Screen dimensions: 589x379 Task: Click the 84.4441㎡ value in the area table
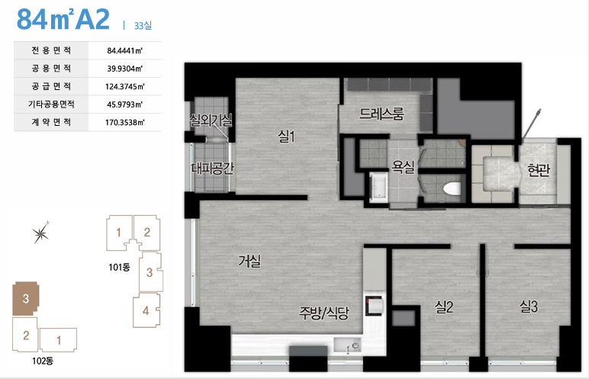click(124, 50)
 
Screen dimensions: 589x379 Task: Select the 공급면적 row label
click(51, 86)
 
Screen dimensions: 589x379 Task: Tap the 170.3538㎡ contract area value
click(124, 122)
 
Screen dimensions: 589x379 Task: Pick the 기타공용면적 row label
click(51, 104)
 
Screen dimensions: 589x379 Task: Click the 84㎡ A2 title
click(63, 19)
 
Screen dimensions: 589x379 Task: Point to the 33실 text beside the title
click(143, 25)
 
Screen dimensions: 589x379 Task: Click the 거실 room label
click(249, 261)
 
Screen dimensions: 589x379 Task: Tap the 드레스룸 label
click(381, 114)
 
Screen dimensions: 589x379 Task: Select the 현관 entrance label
click(539, 170)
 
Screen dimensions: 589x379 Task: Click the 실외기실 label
click(211, 120)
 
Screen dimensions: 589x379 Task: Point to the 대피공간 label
click(212, 168)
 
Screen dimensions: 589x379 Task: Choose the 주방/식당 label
click(323, 313)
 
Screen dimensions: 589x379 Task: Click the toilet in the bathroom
click(452, 188)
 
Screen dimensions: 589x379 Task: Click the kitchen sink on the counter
click(347, 345)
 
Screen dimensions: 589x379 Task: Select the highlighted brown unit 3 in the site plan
click(25, 299)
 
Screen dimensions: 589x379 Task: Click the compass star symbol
click(40, 233)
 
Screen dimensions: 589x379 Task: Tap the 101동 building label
click(119, 268)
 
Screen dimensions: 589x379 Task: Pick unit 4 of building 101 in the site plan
click(146, 310)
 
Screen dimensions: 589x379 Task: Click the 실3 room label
click(528, 306)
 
